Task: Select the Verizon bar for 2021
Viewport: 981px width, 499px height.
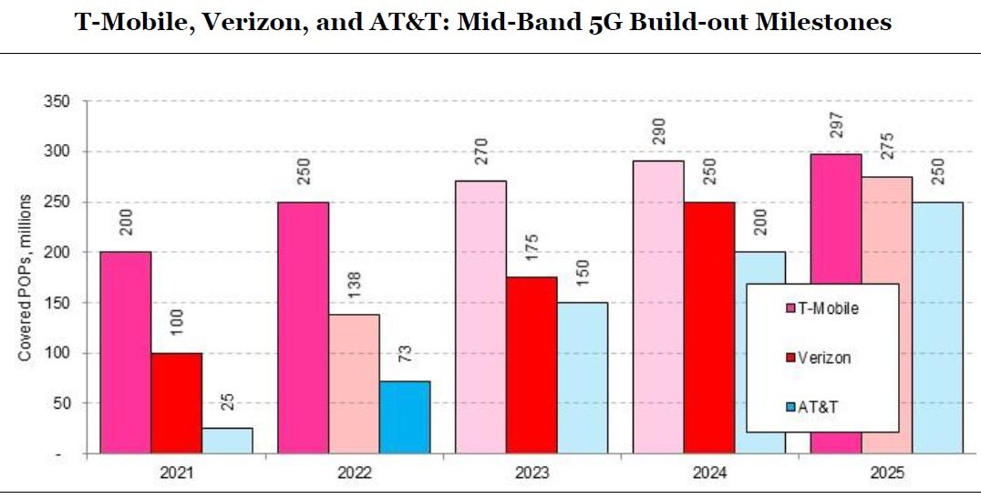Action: pos(177,402)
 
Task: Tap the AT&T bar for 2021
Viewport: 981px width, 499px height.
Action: pos(227,441)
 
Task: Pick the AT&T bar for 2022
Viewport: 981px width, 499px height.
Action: pos(404,417)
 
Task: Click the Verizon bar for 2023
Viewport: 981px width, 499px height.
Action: pos(531,365)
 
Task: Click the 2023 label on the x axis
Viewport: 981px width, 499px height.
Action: pos(531,474)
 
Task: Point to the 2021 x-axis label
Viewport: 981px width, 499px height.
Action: pos(176,474)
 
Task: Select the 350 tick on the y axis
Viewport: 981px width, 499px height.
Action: pos(57,101)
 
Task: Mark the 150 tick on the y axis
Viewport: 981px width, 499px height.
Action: pos(57,303)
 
